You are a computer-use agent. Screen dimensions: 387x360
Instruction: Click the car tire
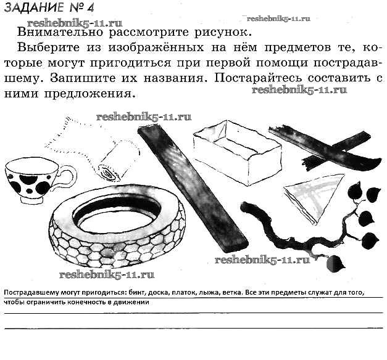tap(118, 227)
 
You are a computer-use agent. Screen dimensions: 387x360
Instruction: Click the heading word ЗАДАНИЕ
tap(35, 7)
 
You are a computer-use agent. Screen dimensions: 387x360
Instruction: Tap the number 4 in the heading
tap(90, 8)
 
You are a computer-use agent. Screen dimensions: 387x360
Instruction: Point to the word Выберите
tap(48, 47)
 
